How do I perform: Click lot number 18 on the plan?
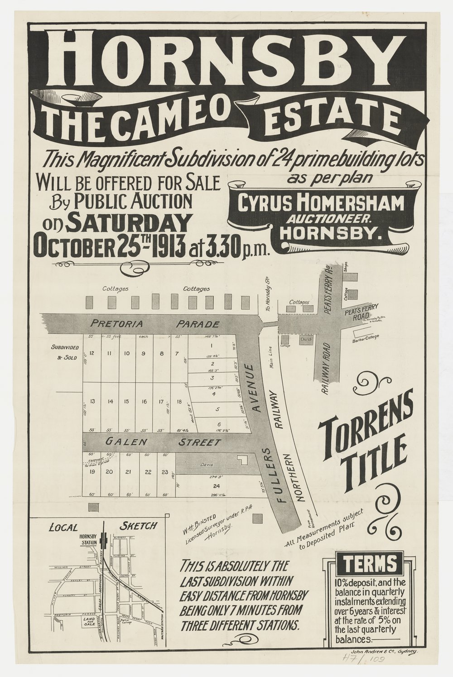(x=179, y=401)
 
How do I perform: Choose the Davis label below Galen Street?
(x=206, y=465)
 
